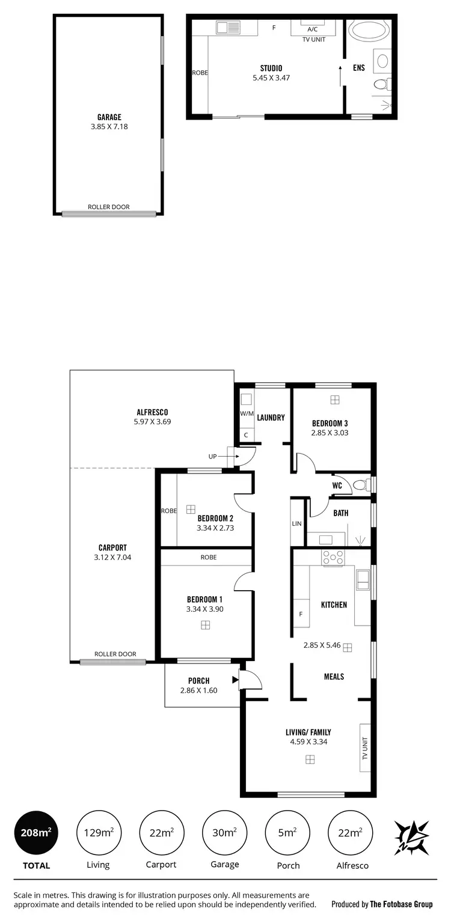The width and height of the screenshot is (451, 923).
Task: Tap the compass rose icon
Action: click(411, 836)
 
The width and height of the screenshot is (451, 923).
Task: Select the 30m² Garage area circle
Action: click(222, 832)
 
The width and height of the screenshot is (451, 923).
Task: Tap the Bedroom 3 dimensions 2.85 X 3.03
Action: click(330, 433)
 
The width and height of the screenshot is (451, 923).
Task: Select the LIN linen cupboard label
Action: click(296, 523)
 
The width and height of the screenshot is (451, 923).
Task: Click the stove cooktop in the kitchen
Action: click(333, 557)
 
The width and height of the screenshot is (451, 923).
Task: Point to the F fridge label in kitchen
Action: click(301, 615)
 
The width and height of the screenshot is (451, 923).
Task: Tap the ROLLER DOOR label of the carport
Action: click(115, 654)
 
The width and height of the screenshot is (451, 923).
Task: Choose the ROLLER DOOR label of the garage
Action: click(109, 207)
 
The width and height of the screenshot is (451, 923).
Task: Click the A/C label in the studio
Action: click(313, 29)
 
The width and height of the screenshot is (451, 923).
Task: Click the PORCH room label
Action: click(198, 681)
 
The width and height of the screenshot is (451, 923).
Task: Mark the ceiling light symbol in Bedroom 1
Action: click(205, 625)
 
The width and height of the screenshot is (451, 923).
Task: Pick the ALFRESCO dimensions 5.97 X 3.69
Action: click(152, 422)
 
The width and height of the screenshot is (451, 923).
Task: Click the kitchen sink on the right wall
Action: click(363, 579)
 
